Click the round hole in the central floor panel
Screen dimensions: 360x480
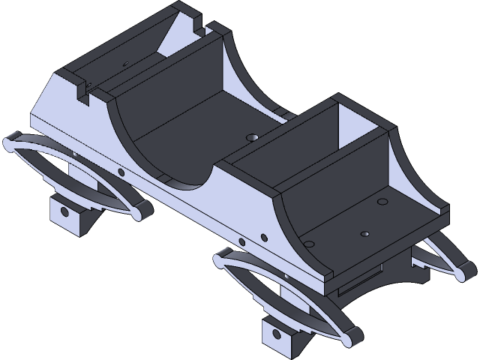click(252, 138)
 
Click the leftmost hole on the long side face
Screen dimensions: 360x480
click(121, 172)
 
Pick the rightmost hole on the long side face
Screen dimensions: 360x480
click(262, 240)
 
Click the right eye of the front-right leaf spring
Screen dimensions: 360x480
click(349, 336)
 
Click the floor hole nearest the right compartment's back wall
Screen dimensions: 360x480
click(382, 202)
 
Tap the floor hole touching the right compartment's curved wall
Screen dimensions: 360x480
click(309, 243)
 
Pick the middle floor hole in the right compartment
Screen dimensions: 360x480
click(364, 233)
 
